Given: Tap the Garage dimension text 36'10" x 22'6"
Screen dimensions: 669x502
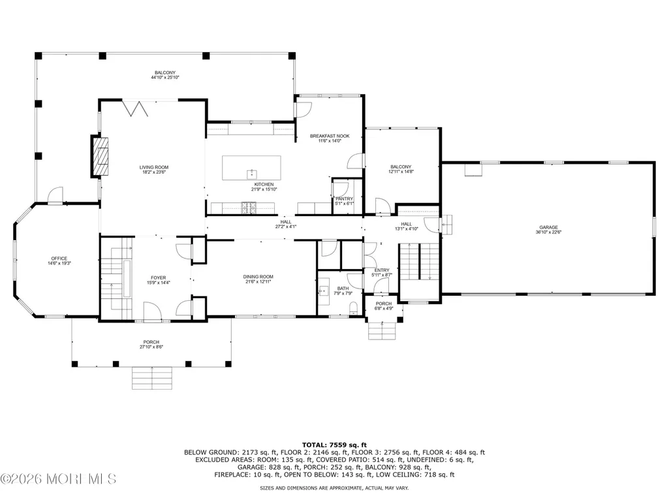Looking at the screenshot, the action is point(548,232).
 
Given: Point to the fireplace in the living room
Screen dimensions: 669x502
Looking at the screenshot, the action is point(99,156).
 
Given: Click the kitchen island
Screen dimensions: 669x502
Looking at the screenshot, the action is point(251,168).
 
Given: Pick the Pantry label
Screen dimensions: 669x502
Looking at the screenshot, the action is point(345,199).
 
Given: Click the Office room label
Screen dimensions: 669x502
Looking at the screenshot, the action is point(59,259).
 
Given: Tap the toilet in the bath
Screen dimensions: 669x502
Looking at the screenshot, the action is point(354,308).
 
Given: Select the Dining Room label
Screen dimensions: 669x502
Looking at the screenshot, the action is point(258,277).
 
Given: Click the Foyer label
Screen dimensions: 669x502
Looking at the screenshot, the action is point(159,277).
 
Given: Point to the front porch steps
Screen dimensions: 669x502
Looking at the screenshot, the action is point(152,378).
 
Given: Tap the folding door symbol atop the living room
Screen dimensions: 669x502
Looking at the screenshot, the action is point(135,108).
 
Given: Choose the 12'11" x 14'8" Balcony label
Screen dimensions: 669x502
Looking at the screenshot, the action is point(401,169).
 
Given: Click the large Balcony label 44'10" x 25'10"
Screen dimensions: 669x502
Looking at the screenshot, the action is point(164,75).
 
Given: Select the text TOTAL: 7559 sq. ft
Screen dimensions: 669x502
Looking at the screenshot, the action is point(334,445).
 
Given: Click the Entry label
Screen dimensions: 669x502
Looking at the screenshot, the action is point(382,270).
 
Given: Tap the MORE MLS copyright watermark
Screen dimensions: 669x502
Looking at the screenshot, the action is point(58,479).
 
